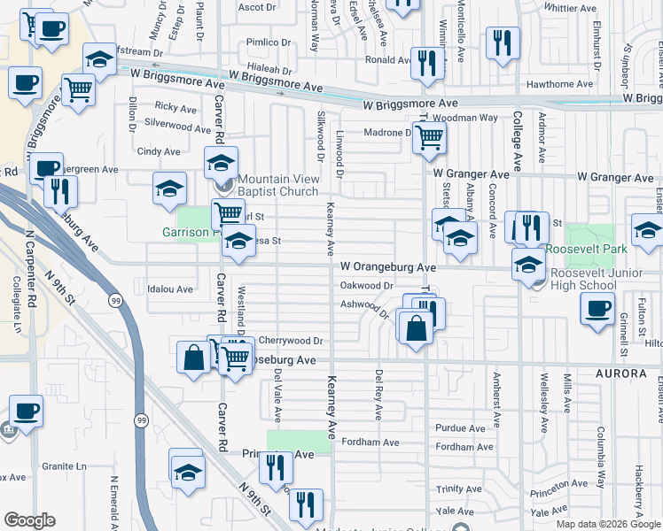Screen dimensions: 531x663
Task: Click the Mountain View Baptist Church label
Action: (x=278, y=185)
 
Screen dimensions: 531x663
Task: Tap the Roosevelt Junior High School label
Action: (x=589, y=279)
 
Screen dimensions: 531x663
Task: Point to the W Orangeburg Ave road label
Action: (x=388, y=266)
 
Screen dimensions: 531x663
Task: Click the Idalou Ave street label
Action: (x=170, y=289)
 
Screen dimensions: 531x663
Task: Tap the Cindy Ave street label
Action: (x=159, y=152)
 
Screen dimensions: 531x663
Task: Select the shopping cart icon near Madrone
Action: (x=429, y=137)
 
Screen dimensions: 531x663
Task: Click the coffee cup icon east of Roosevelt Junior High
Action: (x=597, y=309)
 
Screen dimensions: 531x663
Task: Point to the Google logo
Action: (x=29, y=520)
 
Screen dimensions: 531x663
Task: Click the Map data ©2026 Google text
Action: (x=607, y=524)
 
